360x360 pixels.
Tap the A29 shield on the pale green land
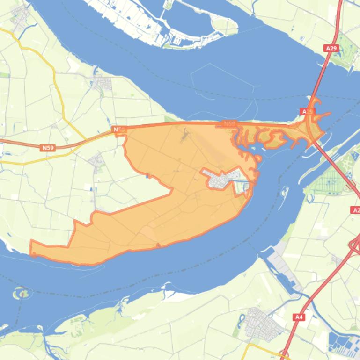(331, 48)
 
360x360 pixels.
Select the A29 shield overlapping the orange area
(307, 112)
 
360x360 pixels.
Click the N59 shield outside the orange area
(48, 148)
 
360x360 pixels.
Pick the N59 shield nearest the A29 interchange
(229, 123)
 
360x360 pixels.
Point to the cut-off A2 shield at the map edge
(355, 210)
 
